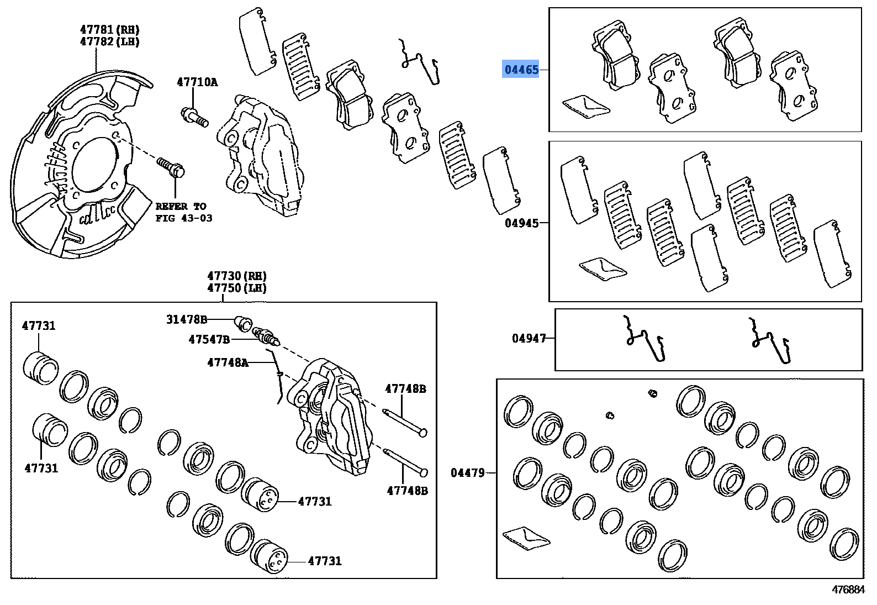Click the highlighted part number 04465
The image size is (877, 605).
click(x=521, y=70)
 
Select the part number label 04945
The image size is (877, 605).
click(x=521, y=223)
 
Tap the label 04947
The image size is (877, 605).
click(x=529, y=338)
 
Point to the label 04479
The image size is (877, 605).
click(x=467, y=472)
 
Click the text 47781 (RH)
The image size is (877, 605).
click(x=109, y=29)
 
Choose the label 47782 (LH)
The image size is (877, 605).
click(x=109, y=41)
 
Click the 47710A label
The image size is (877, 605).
click(x=197, y=82)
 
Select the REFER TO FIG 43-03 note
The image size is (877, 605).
click(x=183, y=212)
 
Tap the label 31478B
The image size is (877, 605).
click(x=187, y=319)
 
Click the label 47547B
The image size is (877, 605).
click(x=209, y=339)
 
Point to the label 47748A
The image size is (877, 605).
click(x=228, y=362)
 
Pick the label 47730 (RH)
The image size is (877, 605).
click(x=237, y=276)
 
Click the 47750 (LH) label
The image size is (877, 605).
click(x=237, y=288)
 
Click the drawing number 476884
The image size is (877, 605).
click(x=848, y=590)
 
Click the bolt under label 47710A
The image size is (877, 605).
click(x=194, y=117)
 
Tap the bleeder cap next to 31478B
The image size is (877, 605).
click(x=243, y=321)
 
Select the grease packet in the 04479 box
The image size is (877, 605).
click(x=526, y=538)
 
